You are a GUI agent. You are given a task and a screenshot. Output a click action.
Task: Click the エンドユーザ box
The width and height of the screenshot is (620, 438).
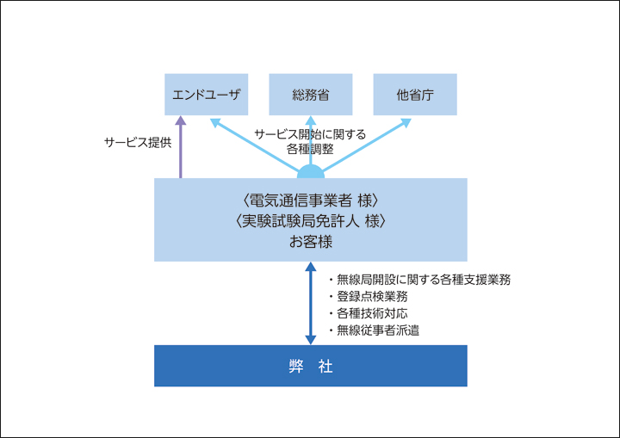(206, 95)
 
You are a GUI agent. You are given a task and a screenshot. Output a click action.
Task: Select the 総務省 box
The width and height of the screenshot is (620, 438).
(311, 95)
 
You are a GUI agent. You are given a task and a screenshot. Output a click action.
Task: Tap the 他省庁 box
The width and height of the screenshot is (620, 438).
(415, 95)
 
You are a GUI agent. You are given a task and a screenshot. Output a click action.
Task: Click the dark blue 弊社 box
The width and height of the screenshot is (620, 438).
(311, 366)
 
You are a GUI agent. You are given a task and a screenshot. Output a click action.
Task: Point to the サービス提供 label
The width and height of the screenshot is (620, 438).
(137, 143)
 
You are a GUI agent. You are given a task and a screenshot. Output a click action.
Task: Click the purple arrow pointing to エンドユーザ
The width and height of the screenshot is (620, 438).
(181, 146)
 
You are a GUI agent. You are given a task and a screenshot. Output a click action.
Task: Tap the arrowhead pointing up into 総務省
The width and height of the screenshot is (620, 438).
(311, 121)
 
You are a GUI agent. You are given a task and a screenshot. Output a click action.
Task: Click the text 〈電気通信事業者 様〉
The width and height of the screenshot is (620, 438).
(311, 201)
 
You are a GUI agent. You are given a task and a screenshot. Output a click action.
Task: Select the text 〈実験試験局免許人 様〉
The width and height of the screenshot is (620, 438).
(311, 221)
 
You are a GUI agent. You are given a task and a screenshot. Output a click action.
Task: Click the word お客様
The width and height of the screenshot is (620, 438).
(311, 242)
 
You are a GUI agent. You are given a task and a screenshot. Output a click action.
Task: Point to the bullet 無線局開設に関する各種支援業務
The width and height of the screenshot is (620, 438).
(420, 280)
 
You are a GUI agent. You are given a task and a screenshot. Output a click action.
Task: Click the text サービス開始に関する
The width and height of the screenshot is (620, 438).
(311, 134)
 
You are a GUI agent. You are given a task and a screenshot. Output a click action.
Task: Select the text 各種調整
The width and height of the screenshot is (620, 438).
(311, 150)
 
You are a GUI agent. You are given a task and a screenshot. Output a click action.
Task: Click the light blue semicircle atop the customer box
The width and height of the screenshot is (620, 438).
(311, 172)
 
